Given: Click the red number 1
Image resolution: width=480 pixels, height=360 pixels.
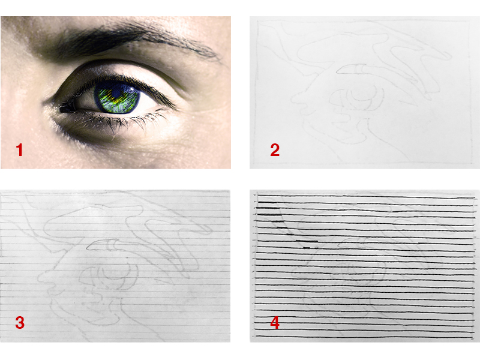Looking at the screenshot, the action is pyautogui.click(x=19, y=150).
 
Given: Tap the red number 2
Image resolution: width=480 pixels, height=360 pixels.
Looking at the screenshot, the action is pyautogui.click(x=275, y=150).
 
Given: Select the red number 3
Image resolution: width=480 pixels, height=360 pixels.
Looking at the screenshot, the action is pyautogui.click(x=20, y=323).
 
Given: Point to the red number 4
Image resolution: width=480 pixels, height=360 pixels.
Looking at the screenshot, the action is pyautogui.click(x=275, y=323).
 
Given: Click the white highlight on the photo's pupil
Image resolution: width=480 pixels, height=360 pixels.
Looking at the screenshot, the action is pyautogui.click(x=131, y=89).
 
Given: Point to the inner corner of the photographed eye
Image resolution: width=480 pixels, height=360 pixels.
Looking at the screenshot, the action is pyautogui.click(x=63, y=109).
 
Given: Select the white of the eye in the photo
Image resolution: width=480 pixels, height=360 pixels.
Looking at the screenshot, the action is pyautogui.click(x=84, y=103).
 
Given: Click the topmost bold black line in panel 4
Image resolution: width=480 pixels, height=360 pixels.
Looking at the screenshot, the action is pyautogui.click(x=364, y=196).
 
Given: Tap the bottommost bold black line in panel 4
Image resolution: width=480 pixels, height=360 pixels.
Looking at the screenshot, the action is pyautogui.click(x=364, y=337).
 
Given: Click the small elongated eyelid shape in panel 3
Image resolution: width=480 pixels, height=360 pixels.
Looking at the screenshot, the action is pyautogui.click(x=103, y=245).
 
